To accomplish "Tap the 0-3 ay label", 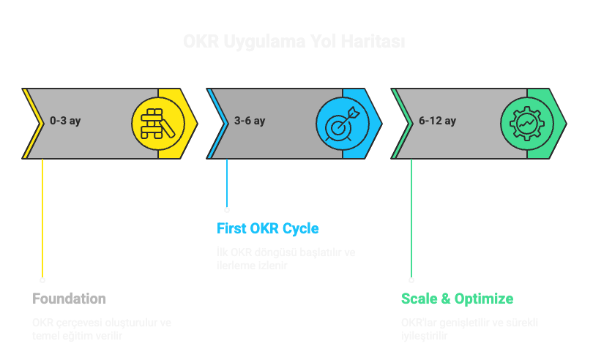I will (65, 121).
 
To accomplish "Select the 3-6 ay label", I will (250, 121).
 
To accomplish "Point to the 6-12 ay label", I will (438, 121).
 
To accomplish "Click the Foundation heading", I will (69, 299).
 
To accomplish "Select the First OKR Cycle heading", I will (268, 228).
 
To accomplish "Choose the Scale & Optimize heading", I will (457, 299).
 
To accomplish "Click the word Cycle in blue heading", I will (301, 228).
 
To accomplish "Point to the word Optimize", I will (484, 299).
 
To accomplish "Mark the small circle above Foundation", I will (42, 280).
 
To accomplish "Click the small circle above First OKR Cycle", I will (227, 209).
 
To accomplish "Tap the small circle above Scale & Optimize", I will (411, 280).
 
